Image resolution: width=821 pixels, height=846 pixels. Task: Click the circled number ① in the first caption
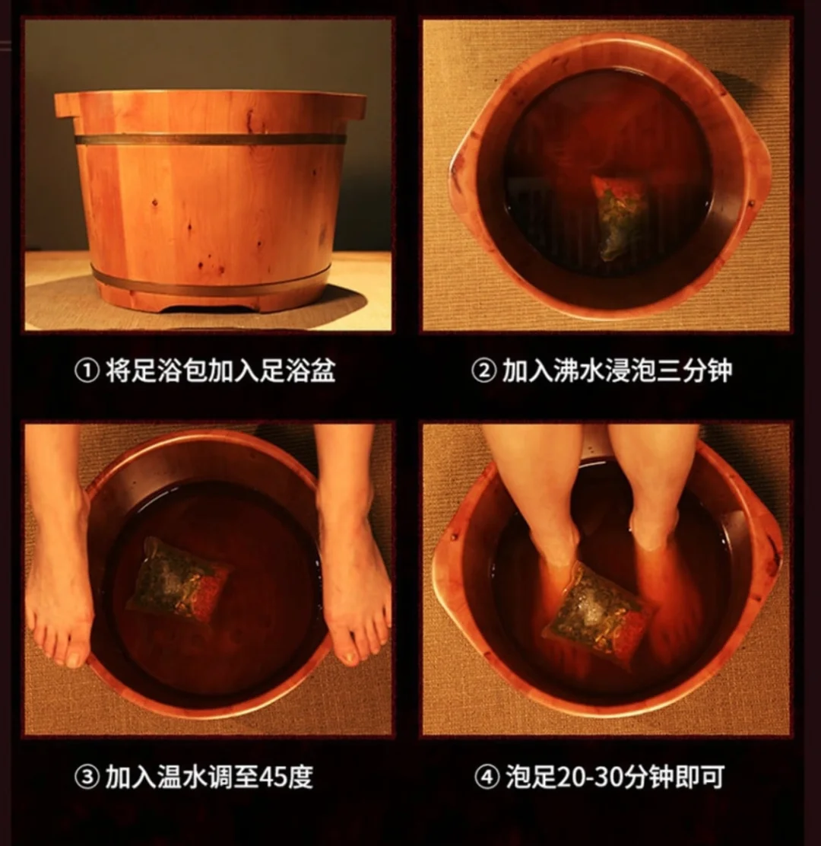(86, 371)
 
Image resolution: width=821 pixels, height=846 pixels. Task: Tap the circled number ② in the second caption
(483, 371)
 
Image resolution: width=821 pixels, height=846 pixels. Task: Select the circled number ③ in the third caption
(86, 777)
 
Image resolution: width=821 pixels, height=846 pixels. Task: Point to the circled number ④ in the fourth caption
(486, 777)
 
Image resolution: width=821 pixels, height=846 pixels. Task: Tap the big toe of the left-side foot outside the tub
(77, 654)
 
